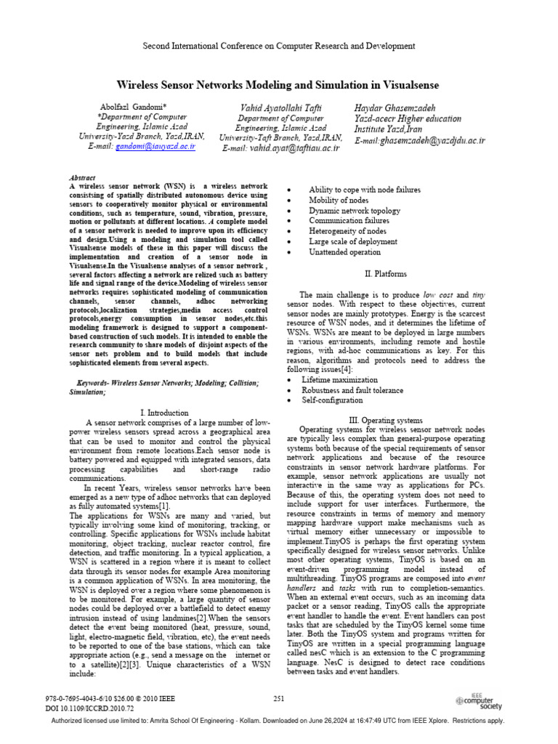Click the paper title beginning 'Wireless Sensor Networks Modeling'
[x=279, y=84]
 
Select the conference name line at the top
[x=279, y=45]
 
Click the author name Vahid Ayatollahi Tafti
[x=280, y=108]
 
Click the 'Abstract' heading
[x=82, y=177]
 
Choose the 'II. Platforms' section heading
[x=385, y=274]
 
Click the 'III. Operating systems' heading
[x=384, y=420]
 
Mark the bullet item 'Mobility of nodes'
[x=339, y=200]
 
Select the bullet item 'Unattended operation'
[x=344, y=252]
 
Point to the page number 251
[x=279, y=698]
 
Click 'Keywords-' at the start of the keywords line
[x=96, y=381]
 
